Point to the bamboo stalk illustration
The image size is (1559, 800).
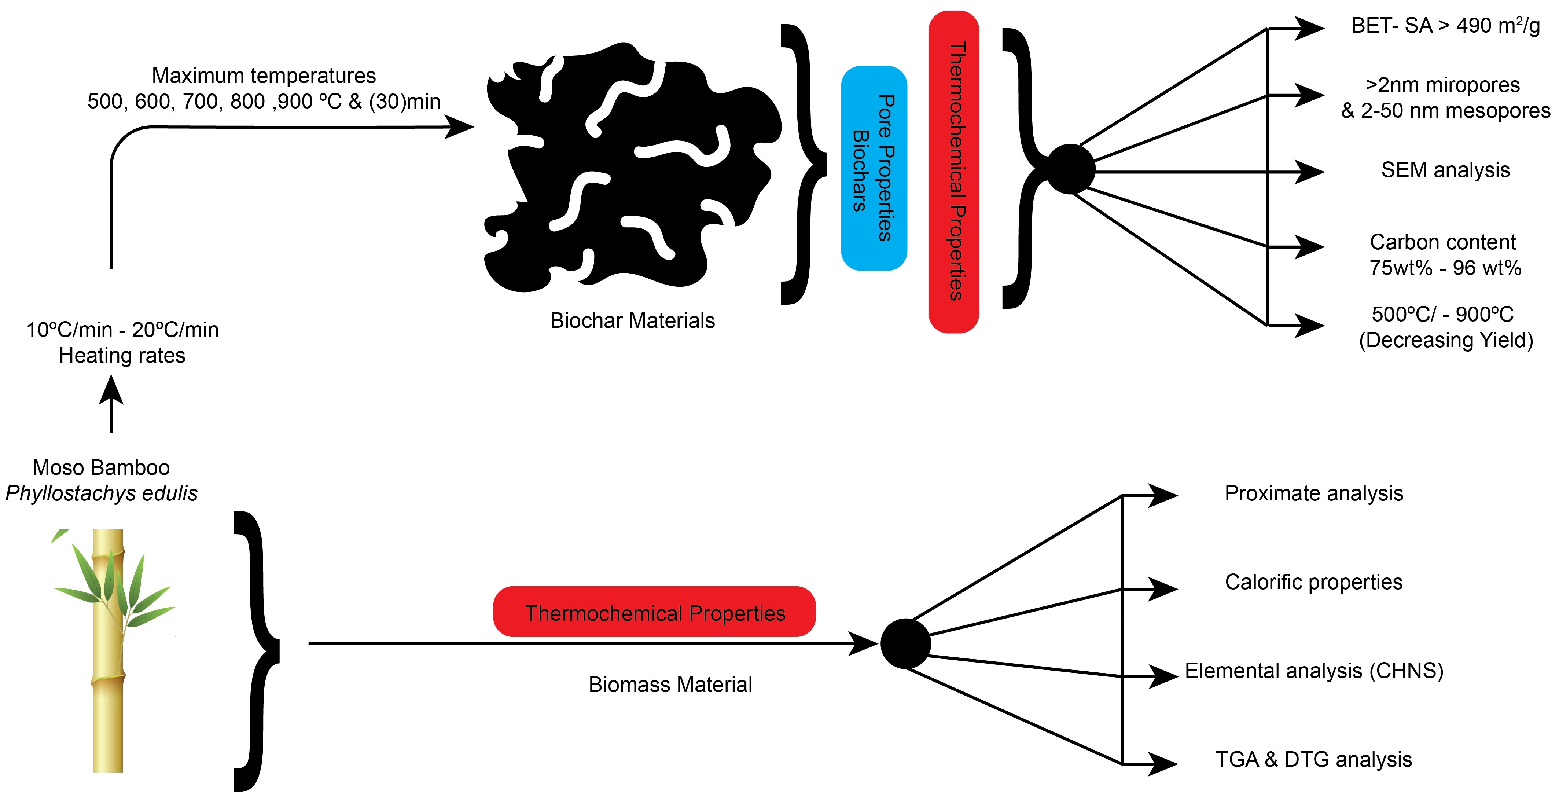[x=108, y=650]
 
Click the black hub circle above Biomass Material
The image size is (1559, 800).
[x=905, y=643]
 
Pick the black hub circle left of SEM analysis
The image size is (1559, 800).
[x=1070, y=169]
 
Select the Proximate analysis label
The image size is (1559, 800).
[x=1313, y=493]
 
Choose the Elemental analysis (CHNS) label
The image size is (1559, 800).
[x=1313, y=671]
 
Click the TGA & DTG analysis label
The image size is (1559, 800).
[x=1313, y=759]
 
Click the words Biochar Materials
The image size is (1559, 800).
[x=632, y=320]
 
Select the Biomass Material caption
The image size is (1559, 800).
[x=670, y=685]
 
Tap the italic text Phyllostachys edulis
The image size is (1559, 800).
[x=101, y=493]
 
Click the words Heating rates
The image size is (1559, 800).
[x=122, y=355]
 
